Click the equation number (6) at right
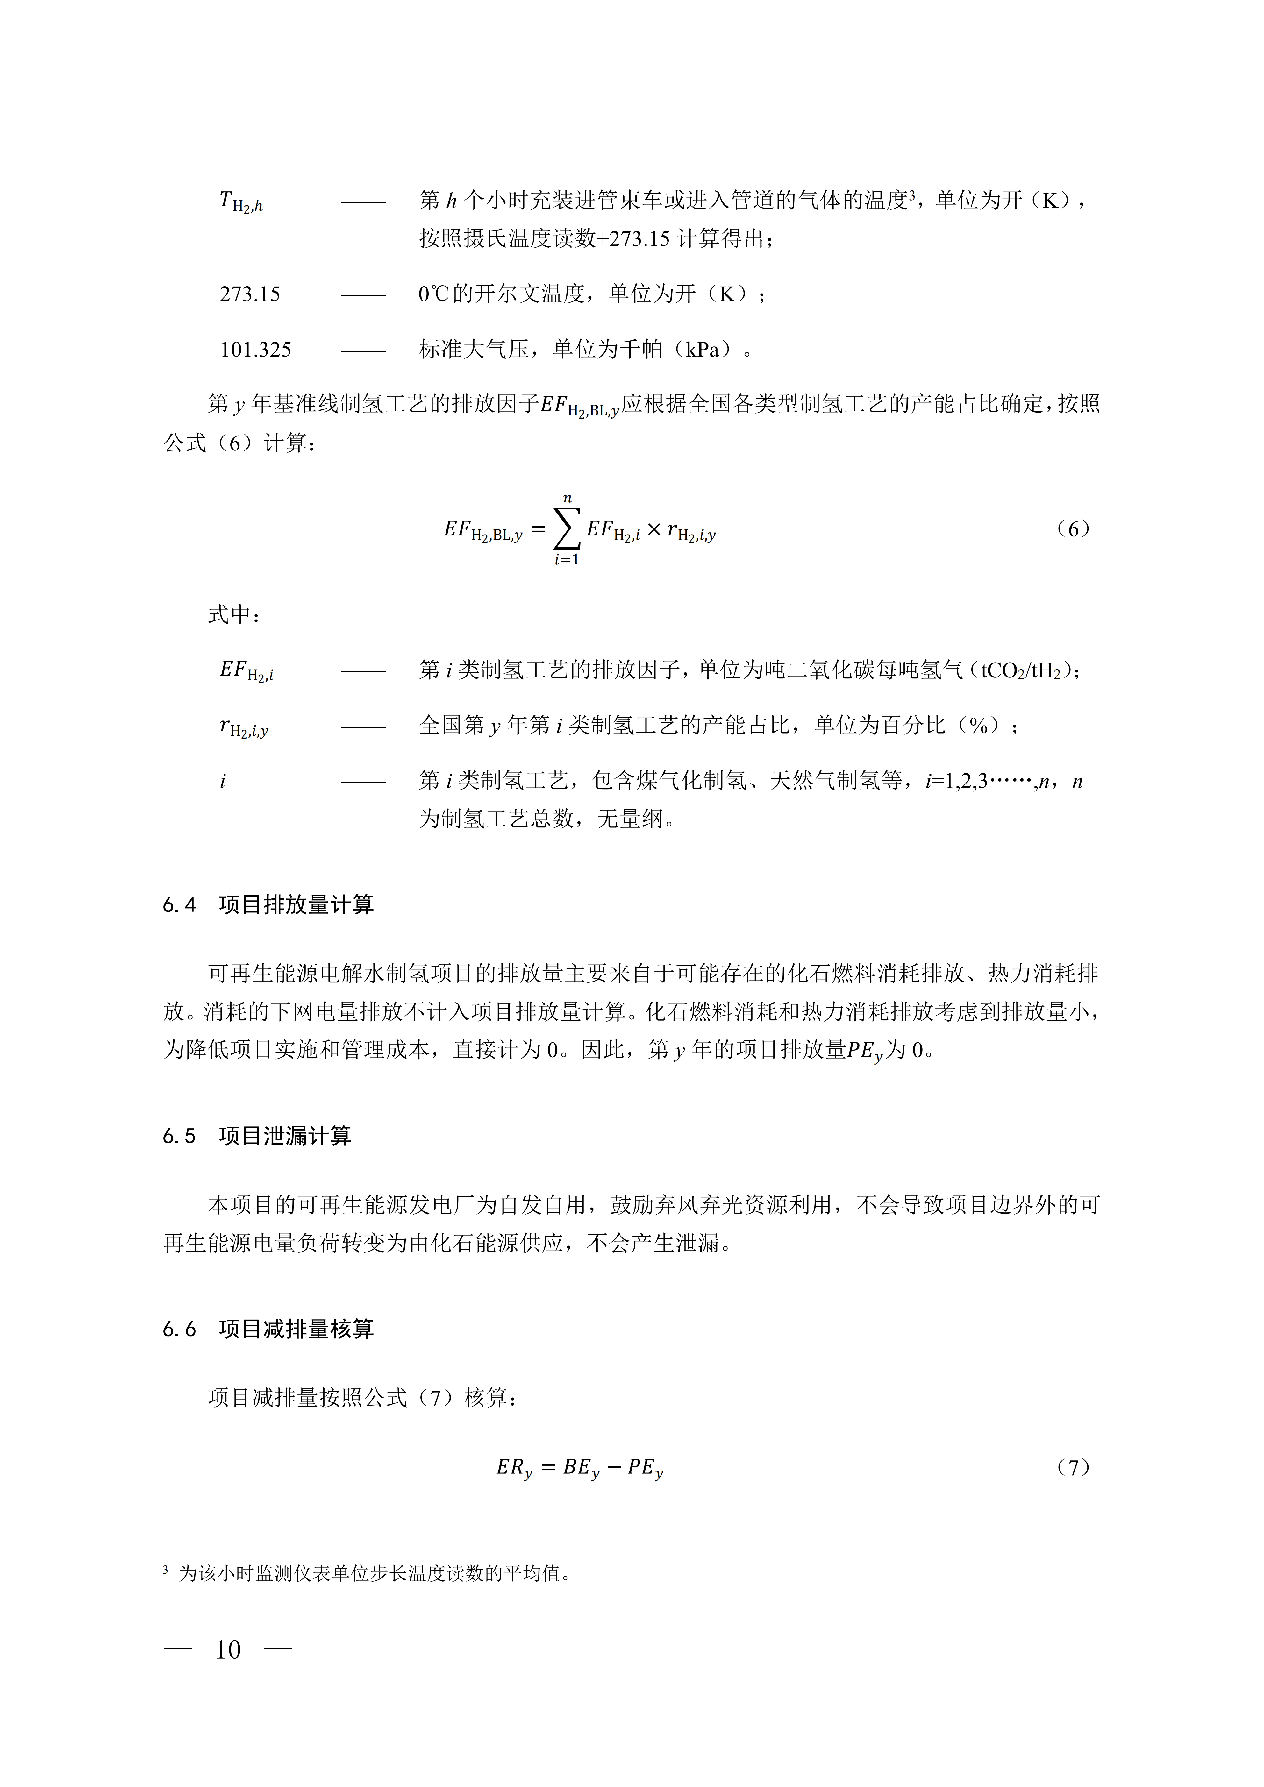pos(1074,529)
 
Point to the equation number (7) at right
pos(1074,1467)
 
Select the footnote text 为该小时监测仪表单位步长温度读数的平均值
pos(375,1574)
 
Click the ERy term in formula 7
pos(514,1469)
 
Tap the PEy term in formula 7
pos(645,1469)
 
